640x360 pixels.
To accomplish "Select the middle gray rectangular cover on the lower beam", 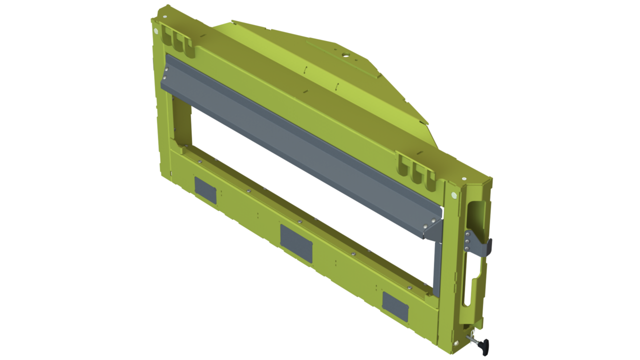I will [296, 243].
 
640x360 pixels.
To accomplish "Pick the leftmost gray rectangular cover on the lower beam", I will [205, 190].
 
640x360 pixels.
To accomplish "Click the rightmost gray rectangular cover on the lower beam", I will [395, 306].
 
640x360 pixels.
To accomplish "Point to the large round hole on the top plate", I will [345, 51].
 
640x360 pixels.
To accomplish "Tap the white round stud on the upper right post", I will [453, 195].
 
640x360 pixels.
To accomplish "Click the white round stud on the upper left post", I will [157, 31].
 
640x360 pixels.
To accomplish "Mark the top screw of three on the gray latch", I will [467, 234].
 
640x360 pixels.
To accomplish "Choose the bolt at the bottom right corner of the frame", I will [455, 343].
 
